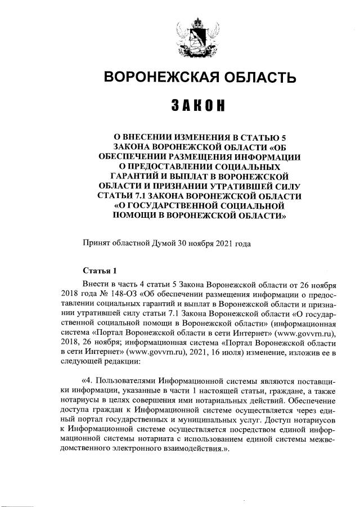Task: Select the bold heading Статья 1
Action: [x=100, y=270]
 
